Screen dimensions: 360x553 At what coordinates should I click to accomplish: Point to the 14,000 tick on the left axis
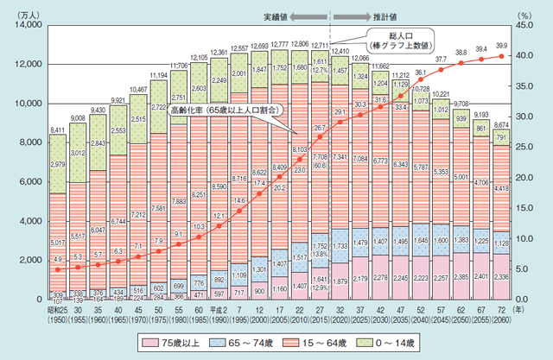tap(27, 26)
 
